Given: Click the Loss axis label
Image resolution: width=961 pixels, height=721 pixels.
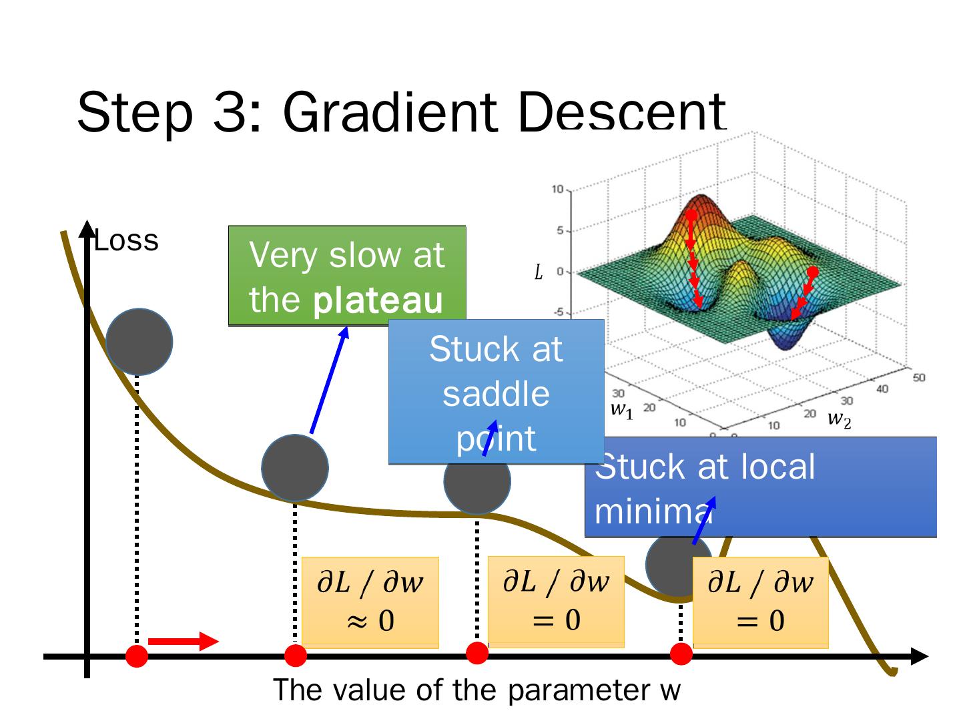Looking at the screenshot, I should (126, 241).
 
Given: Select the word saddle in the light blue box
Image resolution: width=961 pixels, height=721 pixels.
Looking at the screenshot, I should (496, 394).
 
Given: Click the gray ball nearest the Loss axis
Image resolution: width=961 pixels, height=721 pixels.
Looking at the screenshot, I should (139, 342).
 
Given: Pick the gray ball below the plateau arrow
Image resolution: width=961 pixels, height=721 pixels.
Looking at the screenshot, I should (295, 468).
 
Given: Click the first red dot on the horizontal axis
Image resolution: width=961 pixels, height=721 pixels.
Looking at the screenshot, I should (137, 656).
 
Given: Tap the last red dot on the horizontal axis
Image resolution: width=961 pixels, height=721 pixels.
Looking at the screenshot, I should (681, 654).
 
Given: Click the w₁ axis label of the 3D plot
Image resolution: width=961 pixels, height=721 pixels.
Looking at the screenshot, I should (621, 409).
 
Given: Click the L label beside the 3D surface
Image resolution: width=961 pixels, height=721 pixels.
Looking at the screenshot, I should (539, 272).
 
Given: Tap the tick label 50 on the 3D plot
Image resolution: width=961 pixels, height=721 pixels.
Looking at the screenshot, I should (918, 378).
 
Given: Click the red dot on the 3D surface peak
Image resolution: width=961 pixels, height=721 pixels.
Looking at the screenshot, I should (692, 216).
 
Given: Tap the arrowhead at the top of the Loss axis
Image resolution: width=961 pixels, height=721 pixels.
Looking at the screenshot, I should (87, 228).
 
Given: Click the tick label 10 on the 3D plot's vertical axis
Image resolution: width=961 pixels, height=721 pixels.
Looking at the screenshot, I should (557, 190).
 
